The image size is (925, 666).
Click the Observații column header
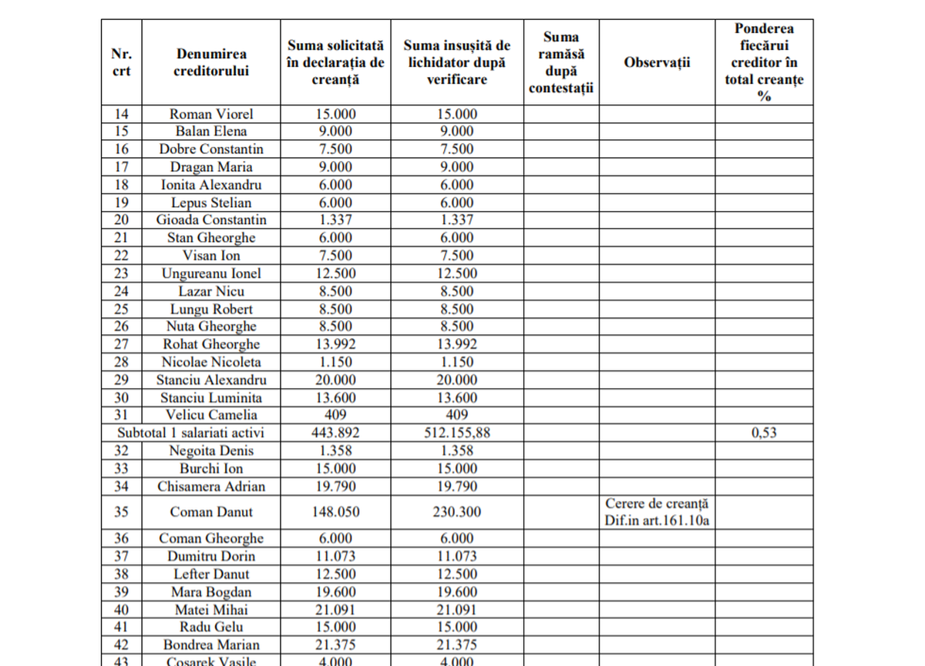tap(657, 62)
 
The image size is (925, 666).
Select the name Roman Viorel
tap(211, 114)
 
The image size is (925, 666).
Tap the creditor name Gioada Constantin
tap(211, 220)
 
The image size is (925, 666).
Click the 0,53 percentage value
tap(764, 433)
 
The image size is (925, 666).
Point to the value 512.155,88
tap(457, 433)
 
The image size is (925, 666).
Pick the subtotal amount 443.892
tap(335, 433)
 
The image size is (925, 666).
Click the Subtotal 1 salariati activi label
tap(190, 433)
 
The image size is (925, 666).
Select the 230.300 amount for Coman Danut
tap(457, 512)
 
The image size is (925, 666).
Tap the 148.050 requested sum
tap(335, 512)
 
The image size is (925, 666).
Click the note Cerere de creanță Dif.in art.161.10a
tap(657, 512)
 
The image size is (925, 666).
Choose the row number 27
tap(122, 344)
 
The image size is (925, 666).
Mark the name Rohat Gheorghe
tap(211, 344)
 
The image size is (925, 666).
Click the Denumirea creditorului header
tap(211, 62)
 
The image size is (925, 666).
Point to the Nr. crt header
tap(122, 62)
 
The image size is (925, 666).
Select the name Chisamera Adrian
tap(211, 487)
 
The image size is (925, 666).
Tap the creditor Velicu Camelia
tap(211, 416)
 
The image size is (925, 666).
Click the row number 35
tap(122, 512)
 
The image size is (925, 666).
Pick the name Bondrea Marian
tap(211, 645)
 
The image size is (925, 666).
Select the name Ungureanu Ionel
tap(211, 273)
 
